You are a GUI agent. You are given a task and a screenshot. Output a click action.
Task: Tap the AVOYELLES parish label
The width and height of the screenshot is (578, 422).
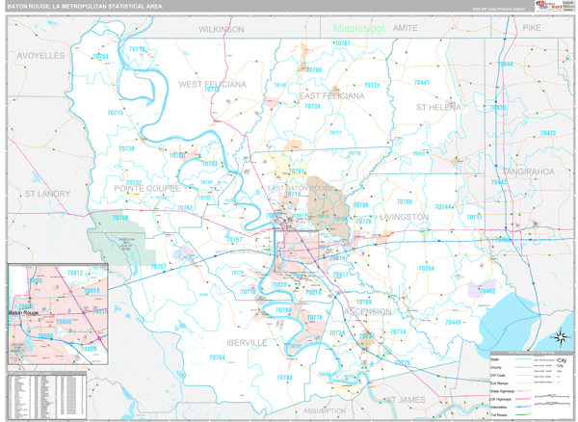(x=40, y=56)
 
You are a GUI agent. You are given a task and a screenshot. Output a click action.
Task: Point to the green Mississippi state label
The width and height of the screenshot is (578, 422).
(x=359, y=29)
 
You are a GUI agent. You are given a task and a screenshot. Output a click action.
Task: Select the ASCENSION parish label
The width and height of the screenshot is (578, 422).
(x=368, y=312)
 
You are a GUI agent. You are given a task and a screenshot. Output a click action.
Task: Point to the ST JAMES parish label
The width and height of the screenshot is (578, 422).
(x=404, y=399)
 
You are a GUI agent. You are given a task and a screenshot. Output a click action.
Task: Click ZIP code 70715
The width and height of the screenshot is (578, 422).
(x=116, y=113)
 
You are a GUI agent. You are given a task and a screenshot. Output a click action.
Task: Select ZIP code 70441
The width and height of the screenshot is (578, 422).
(x=422, y=83)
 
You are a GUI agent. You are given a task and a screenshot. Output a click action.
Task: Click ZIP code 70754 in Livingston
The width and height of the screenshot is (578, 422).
(x=426, y=269)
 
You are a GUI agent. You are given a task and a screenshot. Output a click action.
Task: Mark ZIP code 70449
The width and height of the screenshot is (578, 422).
(x=454, y=322)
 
